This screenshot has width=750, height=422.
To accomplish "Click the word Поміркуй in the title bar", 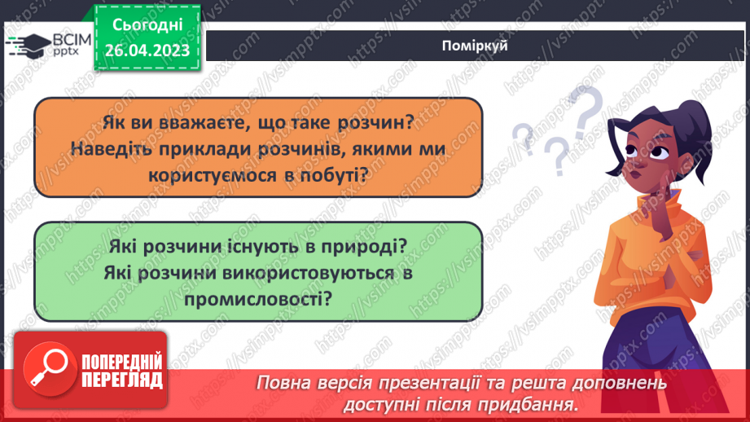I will point(478,46).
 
